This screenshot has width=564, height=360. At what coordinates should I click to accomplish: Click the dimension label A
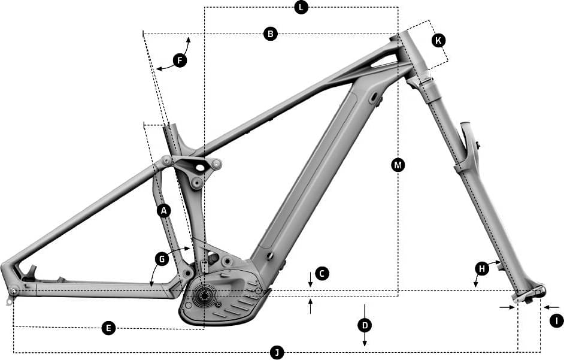163,210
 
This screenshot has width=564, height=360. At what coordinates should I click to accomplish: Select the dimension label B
271,34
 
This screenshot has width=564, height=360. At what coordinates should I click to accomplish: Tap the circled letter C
322,274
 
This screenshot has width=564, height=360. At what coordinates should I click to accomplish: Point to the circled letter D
365,325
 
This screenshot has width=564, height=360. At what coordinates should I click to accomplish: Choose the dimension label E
108,328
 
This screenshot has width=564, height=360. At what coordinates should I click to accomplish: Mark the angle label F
179,60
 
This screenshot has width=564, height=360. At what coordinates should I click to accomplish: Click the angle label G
160,259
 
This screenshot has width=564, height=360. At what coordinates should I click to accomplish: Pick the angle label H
482,268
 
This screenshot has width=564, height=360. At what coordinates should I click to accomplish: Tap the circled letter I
556,321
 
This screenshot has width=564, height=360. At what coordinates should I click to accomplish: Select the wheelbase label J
277,352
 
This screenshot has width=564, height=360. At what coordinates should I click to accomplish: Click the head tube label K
438,41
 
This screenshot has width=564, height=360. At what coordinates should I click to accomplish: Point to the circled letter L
301,8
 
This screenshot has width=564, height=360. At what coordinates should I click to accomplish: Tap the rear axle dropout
13,291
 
